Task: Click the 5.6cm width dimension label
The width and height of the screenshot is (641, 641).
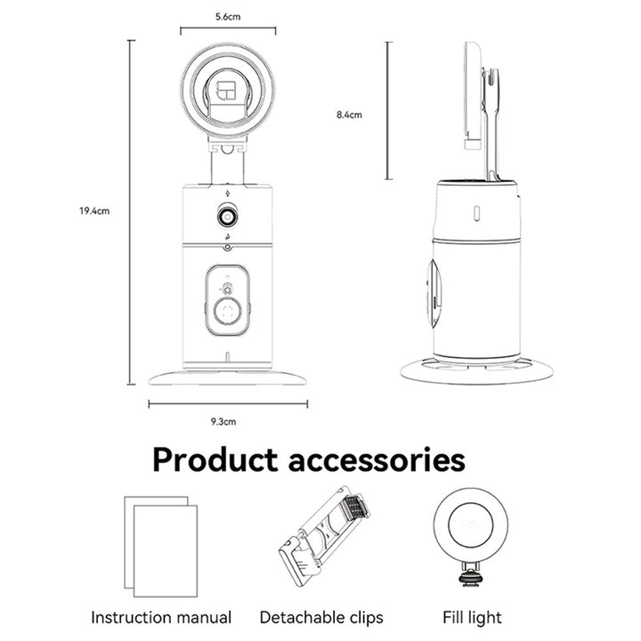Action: [228, 17]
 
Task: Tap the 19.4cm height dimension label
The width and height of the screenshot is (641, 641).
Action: [94, 211]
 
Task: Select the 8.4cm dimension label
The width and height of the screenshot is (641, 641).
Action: [349, 115]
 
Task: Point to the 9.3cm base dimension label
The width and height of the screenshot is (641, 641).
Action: [223, 421]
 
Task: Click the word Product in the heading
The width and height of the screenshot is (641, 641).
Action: [215, 461]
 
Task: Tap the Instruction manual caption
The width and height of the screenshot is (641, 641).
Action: [161, 617]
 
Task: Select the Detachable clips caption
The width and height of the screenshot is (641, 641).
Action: [321, 618]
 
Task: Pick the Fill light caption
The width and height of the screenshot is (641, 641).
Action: [472, 617]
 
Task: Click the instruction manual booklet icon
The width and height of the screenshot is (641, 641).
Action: [160, 547]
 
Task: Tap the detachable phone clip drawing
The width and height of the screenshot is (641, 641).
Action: [323, 536]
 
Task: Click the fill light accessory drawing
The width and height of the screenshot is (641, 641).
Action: [471, 537]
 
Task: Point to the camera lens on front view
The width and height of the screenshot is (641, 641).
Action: [227, 216]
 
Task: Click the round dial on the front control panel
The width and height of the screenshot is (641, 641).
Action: [227, 312]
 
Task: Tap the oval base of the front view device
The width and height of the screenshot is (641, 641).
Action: [227, 377]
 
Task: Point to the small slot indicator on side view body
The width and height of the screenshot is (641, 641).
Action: [476, 213]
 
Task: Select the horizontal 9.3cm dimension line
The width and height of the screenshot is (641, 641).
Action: [228, 404]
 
